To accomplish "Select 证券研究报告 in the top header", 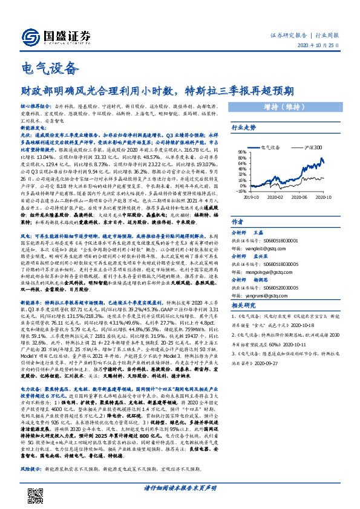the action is [x=288, y=36].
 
